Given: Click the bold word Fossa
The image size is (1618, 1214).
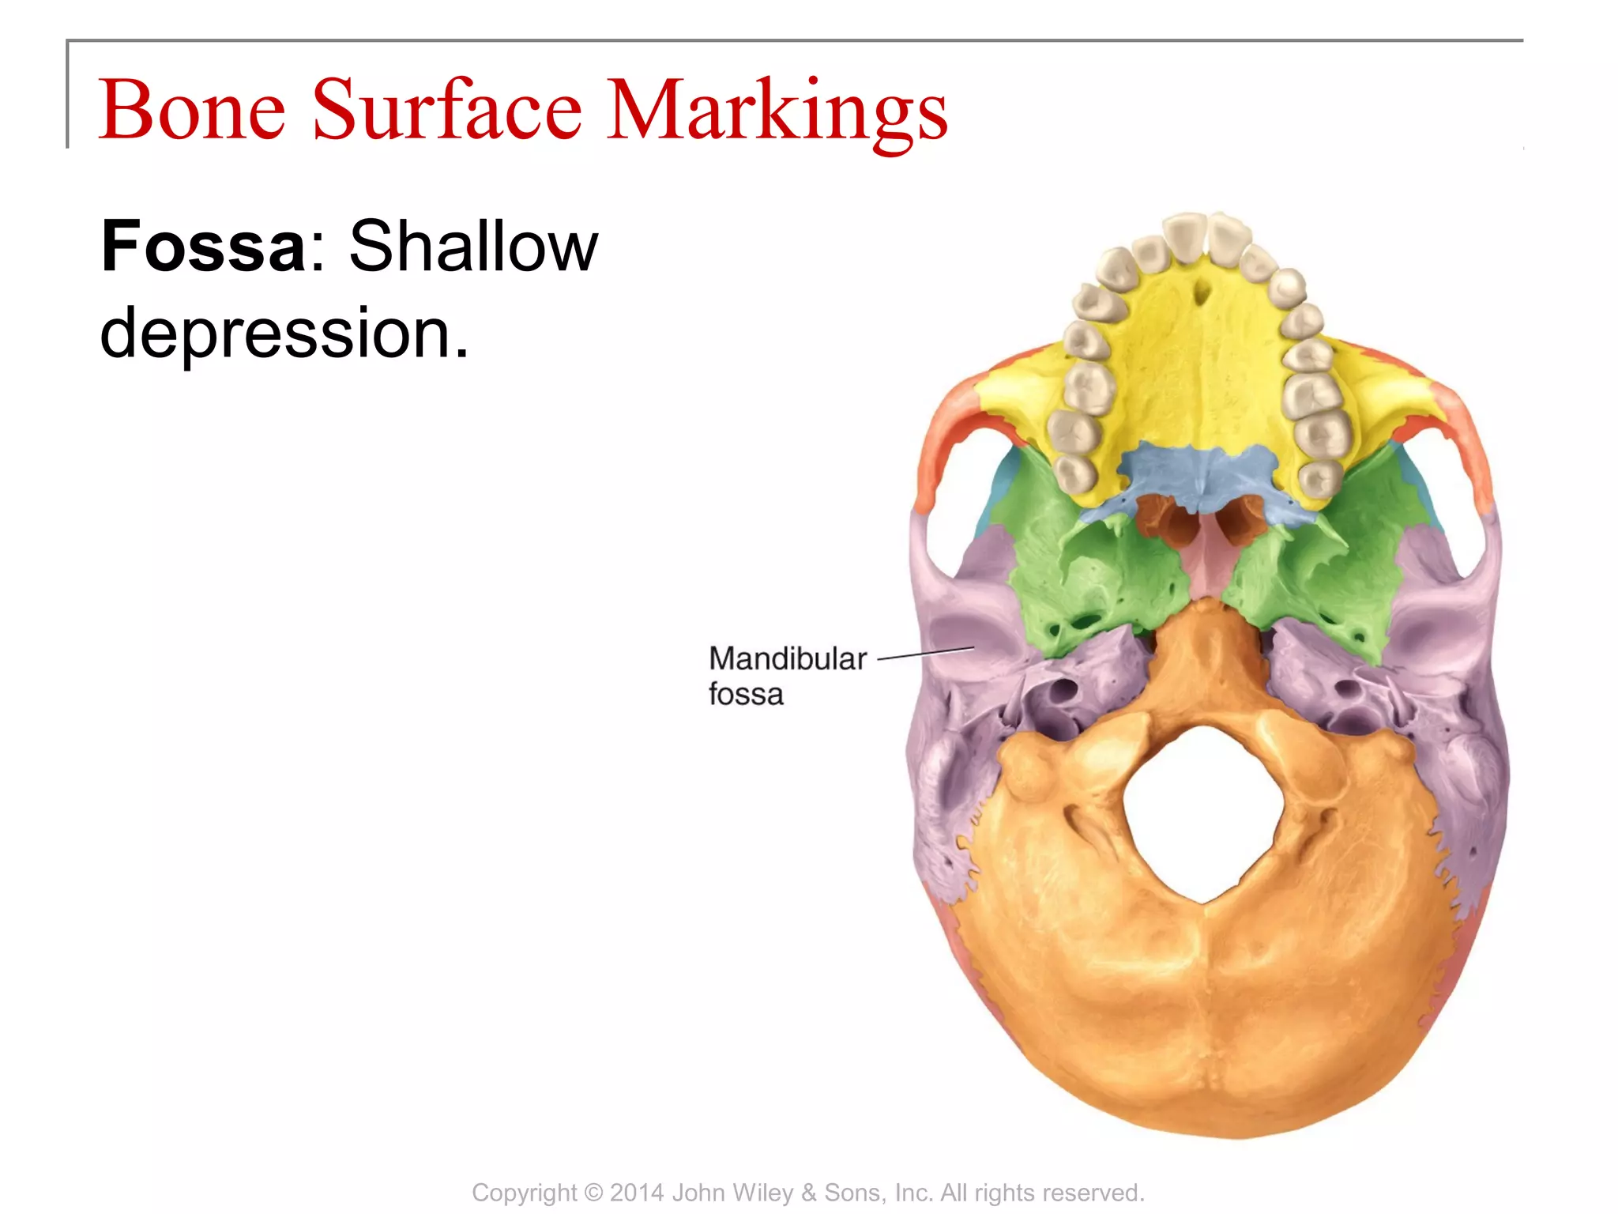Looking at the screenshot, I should click(204, 246).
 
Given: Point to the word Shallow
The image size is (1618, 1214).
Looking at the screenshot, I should click(473, 246).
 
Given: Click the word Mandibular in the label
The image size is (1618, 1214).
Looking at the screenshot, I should click(787, 658).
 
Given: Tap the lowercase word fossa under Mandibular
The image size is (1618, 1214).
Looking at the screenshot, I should click(745, 695).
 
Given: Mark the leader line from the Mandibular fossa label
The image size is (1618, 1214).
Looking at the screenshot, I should click(926, 653).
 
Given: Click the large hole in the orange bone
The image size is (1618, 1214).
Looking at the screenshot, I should click(1201, 814).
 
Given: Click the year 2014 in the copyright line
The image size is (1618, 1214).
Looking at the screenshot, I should click(636, 1193).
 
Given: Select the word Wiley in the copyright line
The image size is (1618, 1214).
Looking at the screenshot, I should click(766, 1193).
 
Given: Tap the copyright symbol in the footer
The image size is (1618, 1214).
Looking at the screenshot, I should click(593, 1193).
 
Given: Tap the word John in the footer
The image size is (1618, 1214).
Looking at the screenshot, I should click(699, 1193).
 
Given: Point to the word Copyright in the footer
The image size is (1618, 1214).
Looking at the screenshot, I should click(524, 1193).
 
